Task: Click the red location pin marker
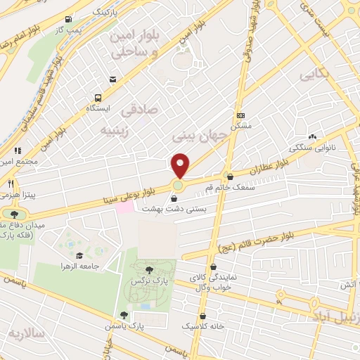[181, 165]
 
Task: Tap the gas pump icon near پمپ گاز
[67, 20]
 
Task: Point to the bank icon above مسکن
[240, 115]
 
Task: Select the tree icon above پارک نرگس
[148, 269]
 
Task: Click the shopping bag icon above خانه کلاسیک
[204, 316]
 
